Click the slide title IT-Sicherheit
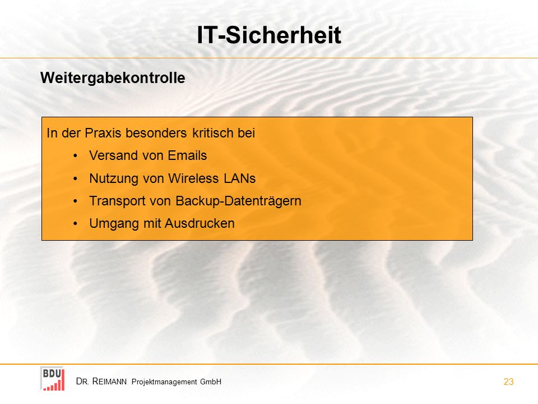pos(269,35)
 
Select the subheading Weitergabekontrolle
pos(113,78)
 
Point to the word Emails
pos(187,155)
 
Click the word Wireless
pos(193,178)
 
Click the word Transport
pos(117,201)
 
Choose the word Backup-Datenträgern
pos(239,201)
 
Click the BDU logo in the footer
pos(53,379)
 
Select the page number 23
pos(508,382)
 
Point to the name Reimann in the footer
pos(109,382)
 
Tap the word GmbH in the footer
pos(211,382)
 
